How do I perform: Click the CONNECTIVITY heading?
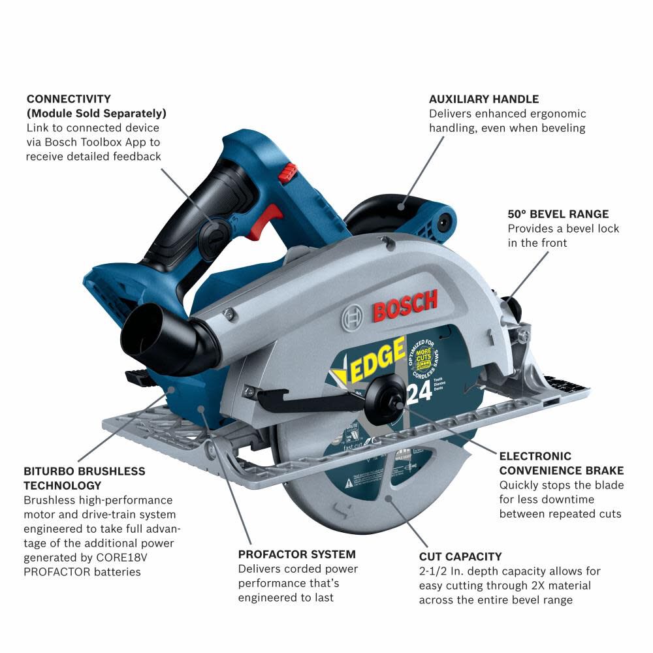pyautogui.click(x=69, y=99)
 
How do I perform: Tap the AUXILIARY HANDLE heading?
pyautogui.click(x=483, y=99)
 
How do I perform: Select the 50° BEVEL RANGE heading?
pyautogui.click(x=558, y=214)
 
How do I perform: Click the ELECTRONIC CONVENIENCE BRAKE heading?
pyautogui.click(x=561, y=463)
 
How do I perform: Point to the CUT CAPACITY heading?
pyautogui.click(x=460, y=557)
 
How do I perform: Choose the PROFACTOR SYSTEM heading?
pyautogui.click(x=296, y=554)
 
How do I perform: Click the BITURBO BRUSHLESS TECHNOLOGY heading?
pyautogui.click(x=84, y=478)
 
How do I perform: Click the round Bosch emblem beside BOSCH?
pyautogui.click(x=352, y=318)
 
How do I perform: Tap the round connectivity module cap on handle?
pyautogui.click(x=215, y=232)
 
